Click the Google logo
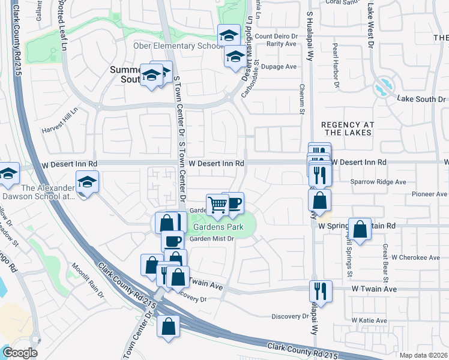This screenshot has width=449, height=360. pyautogui.click(x=20, y=353)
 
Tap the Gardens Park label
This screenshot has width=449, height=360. pyautogui.click(x=218, y=227)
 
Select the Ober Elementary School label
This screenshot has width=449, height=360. pyautogui.click(x=178, y=46)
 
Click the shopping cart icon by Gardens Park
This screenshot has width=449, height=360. pyautogui.click(x=217, y=205)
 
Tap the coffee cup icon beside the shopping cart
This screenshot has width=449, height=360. pyautogui.click(x=233, y=202)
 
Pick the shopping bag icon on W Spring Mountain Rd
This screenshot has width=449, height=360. pyautogui.click(x=359, y=229)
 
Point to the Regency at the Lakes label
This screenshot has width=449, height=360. pyautogui.click(x=348, y=129)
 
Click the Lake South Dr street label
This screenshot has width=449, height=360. pyautogui.click(x=421, y=98)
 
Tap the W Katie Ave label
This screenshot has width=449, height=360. pyautogui.click(x=369, y=320)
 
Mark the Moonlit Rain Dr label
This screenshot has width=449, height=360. pyautogui.click(x=88, y=275)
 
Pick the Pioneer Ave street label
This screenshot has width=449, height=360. pyautogui.click(x=429, y=194)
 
